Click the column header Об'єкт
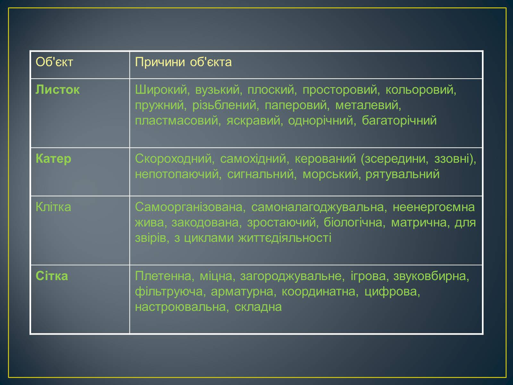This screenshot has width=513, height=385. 54,62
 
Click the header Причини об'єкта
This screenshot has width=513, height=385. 183,62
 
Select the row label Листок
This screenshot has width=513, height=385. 57,90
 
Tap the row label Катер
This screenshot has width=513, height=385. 53,159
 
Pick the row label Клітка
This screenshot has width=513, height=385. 53,207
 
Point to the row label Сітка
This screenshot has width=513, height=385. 52,276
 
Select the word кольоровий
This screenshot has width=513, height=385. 421,90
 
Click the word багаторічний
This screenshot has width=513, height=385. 399,121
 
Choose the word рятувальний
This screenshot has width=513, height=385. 402,175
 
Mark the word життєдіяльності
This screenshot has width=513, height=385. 285,238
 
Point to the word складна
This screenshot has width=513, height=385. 258,307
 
